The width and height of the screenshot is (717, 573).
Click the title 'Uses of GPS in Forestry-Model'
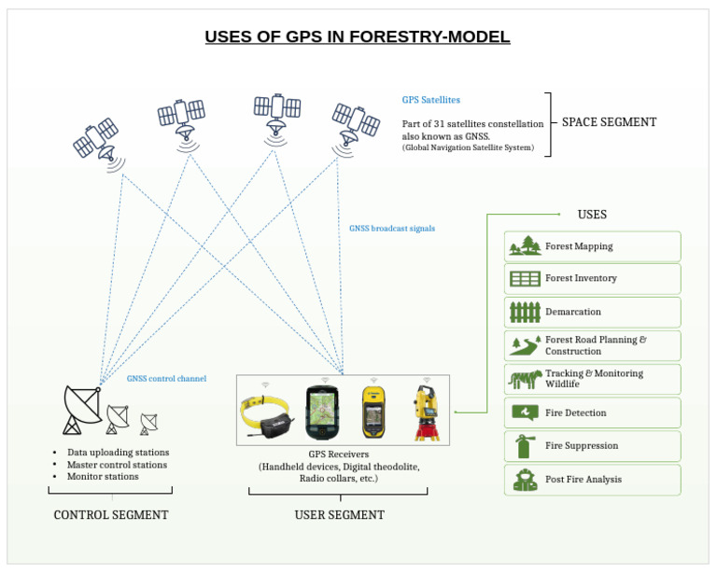(358, 37)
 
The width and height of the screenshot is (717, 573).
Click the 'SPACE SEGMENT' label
(609, 122)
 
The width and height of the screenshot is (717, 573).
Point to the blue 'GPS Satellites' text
(430, 99)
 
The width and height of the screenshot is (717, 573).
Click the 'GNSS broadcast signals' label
(391, 228)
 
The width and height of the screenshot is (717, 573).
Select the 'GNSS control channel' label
(166, 378)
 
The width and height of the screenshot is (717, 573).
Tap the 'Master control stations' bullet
(117, 465)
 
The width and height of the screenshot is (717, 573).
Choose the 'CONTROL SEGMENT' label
(111, 514)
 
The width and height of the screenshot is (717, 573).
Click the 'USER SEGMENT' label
(339, 514)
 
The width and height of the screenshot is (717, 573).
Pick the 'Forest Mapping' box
(592, 246)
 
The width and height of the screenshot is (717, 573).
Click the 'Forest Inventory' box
(592, 279)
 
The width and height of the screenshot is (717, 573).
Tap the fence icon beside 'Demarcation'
(525, 312)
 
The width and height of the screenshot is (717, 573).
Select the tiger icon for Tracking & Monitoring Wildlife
(525, 379)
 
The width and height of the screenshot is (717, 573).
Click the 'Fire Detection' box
(592, 412)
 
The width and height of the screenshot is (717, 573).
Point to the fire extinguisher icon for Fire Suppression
(525, 446)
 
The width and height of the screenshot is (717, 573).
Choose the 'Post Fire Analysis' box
(592, 480)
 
